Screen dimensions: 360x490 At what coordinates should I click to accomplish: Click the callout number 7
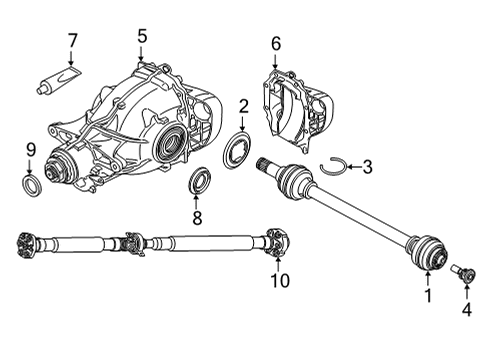click(72, 41)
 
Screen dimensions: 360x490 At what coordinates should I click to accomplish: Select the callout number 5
click(142, 36)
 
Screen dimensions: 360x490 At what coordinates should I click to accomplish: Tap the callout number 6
click(276, 42)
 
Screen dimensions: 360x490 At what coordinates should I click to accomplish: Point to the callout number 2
click(243, 106)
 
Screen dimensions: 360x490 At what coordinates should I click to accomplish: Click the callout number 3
click(367, 167)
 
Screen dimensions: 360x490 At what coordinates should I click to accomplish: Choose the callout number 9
click(30, 150)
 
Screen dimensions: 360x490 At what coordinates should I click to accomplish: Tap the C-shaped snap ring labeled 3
click(334, 167)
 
